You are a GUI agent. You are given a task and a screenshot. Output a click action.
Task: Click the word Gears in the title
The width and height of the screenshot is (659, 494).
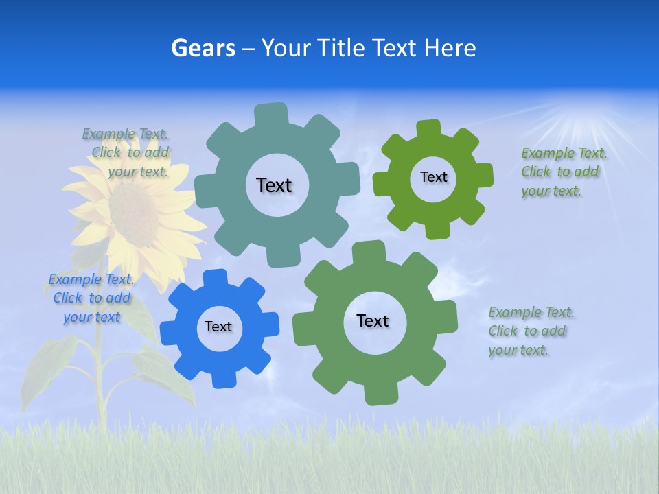tap(203, 48)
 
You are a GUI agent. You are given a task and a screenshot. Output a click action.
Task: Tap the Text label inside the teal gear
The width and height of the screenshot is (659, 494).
tap(274, 185)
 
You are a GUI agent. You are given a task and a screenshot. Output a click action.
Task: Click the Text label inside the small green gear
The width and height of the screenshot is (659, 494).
tap(433, 177)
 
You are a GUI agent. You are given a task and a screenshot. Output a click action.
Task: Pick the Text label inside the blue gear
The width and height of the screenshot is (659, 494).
tap(218, 327)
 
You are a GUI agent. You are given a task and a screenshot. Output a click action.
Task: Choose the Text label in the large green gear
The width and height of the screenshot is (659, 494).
tap(373, 320)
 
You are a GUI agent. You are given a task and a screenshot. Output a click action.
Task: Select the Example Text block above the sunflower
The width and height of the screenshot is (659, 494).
tap(126, 152)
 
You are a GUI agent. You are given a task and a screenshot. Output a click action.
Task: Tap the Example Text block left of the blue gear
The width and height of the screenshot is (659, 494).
tap(91, 298)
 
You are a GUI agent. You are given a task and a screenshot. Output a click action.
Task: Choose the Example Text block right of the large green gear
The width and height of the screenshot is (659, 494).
tap(531, 331)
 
